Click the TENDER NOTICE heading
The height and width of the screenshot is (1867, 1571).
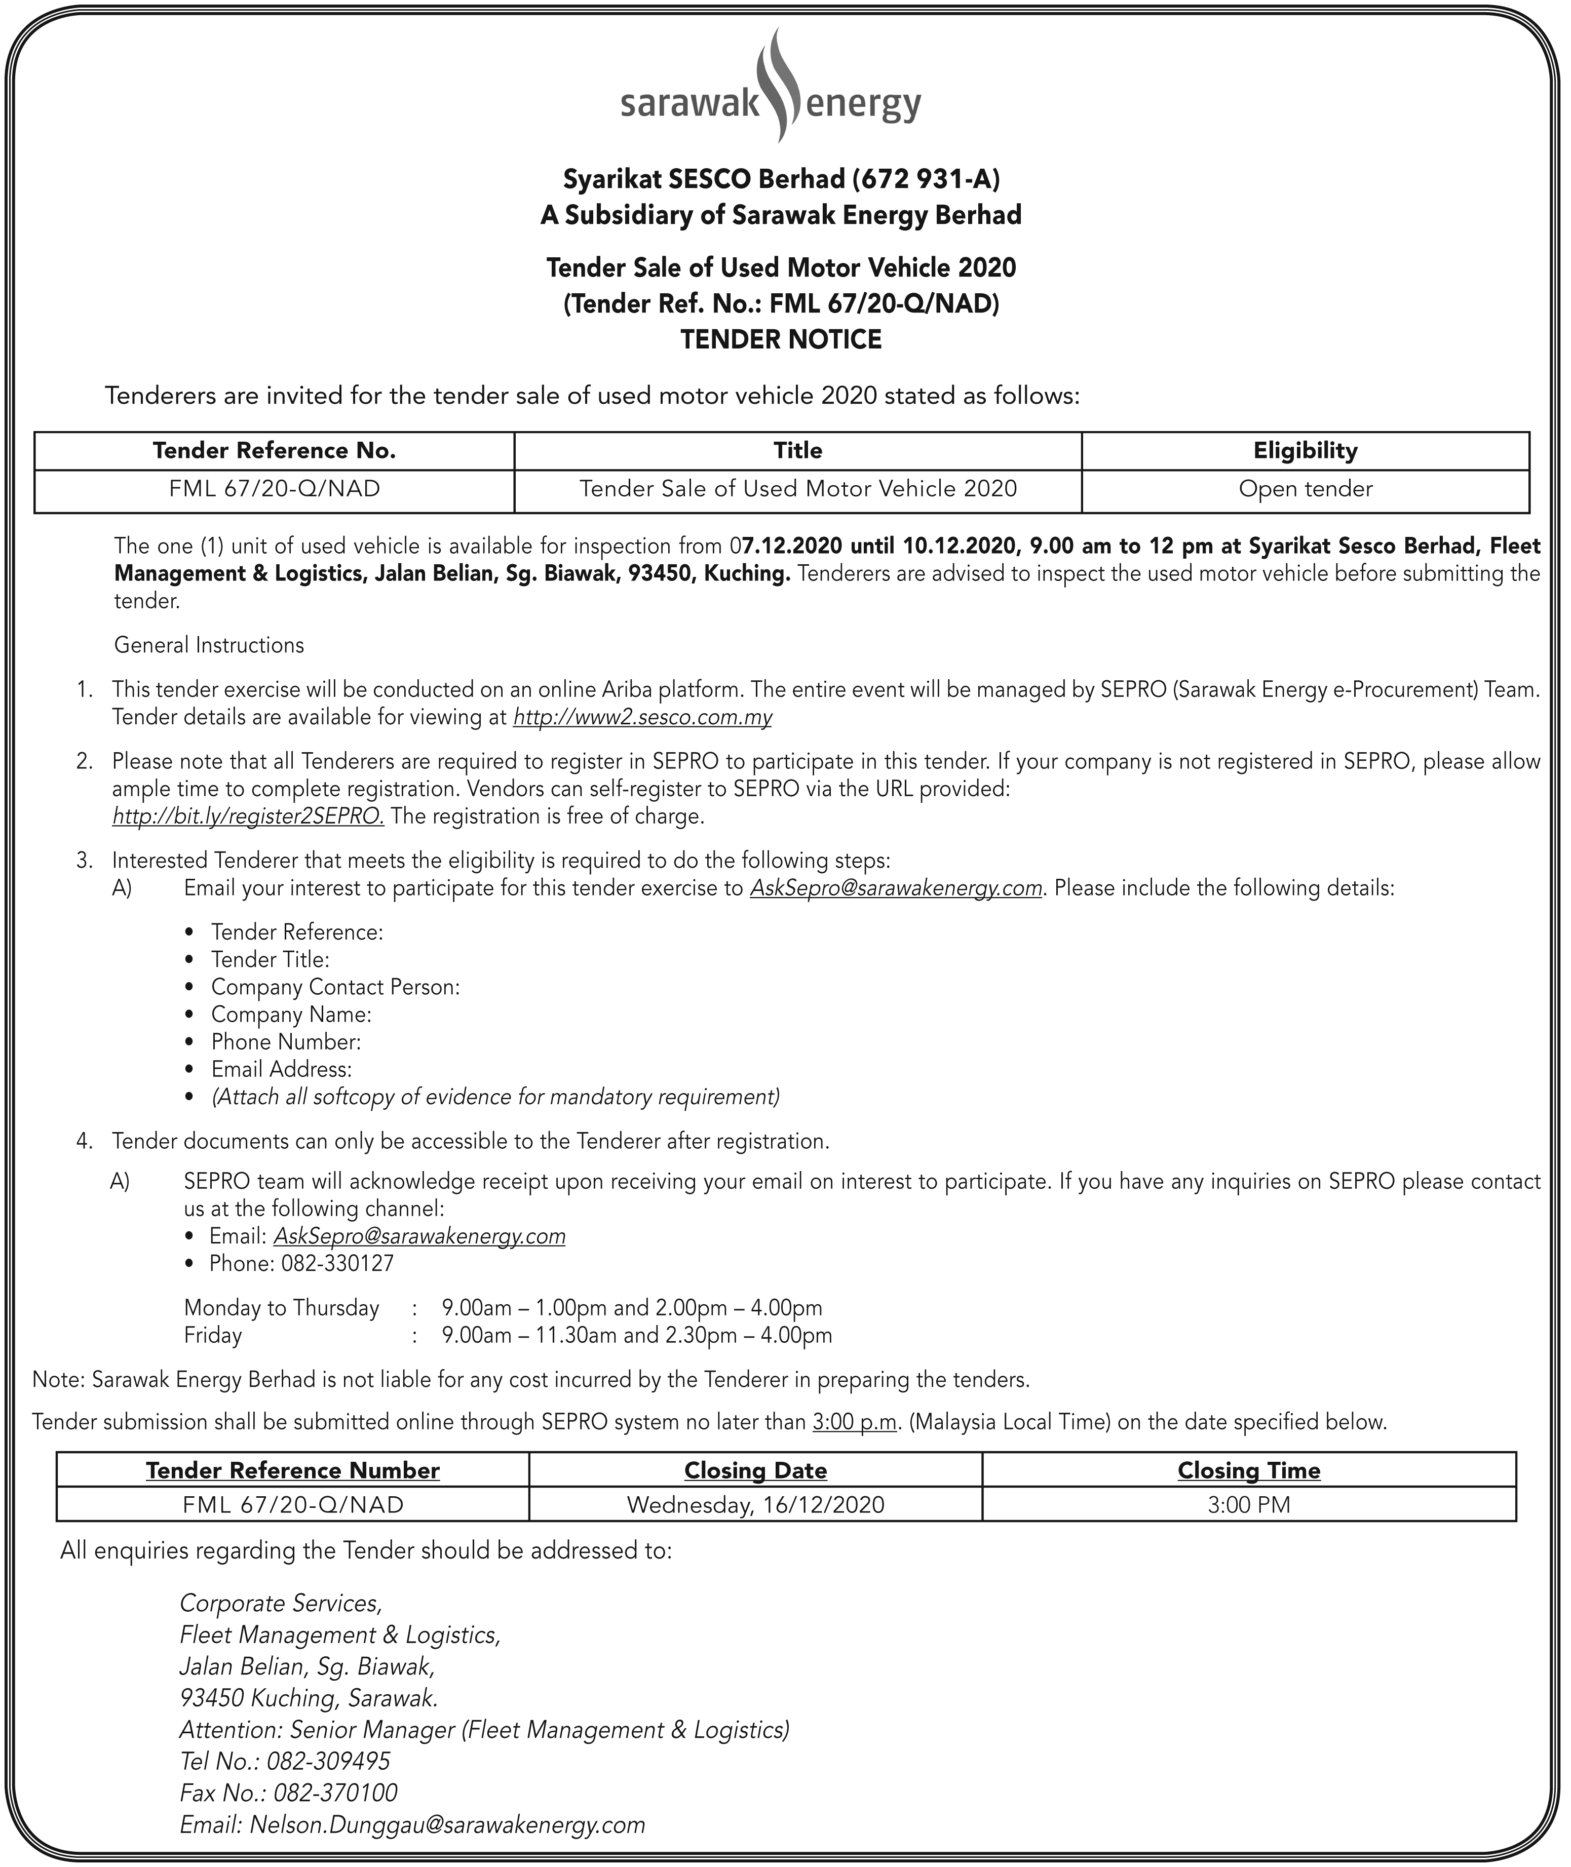point(781,339)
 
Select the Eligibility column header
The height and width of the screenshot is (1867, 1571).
point(1305,450)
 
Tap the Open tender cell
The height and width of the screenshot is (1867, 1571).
point(1305,489)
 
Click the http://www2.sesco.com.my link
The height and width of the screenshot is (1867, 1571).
point(642,718)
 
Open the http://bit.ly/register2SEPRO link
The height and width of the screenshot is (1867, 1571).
point(248,816)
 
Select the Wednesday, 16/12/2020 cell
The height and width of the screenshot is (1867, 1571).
point(755,1505)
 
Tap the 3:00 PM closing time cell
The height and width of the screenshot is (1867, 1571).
point(1249,1505)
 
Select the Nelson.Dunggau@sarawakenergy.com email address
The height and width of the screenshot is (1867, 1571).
point(447,1824)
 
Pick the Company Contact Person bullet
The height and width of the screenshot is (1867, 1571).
point(335,987)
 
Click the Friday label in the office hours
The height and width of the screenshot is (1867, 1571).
point(213,1336)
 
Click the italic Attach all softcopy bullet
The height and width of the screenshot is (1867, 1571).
point(495,1097)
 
